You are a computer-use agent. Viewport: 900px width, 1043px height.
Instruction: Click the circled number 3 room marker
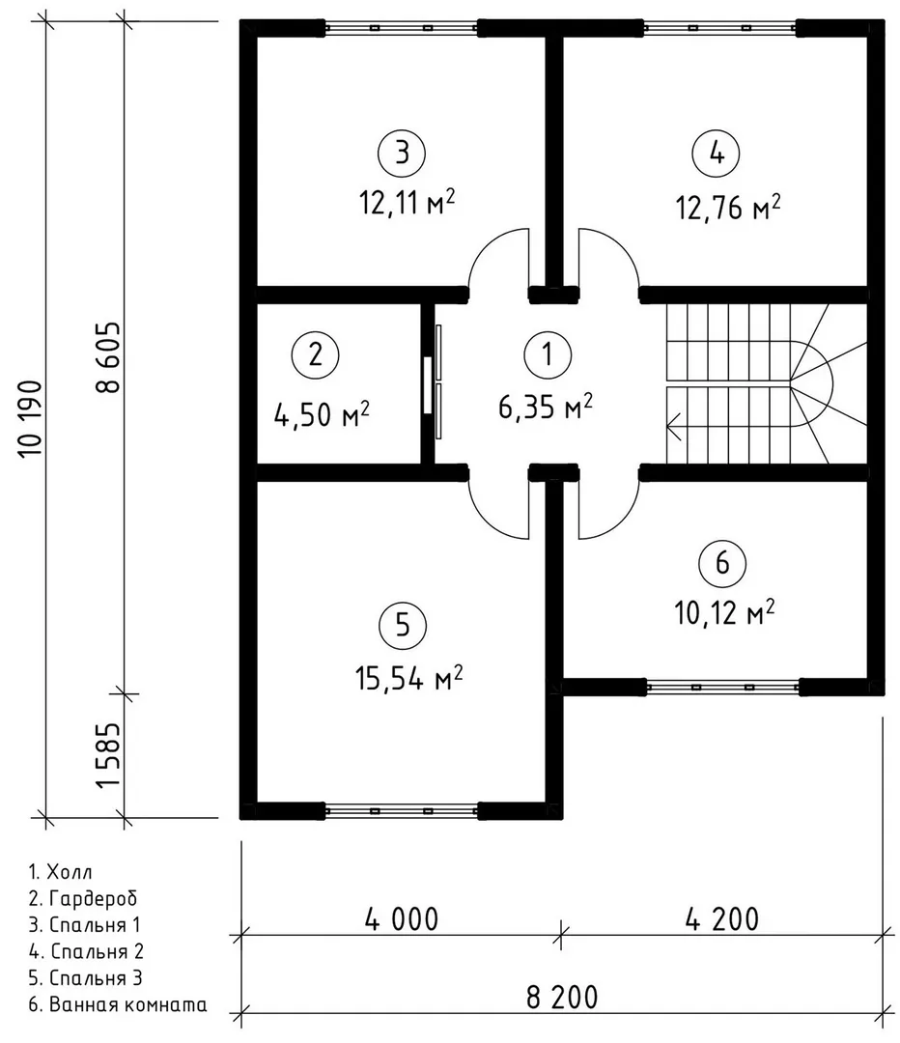click(402, 153)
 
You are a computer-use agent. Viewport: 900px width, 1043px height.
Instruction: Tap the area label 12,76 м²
click(728, 207)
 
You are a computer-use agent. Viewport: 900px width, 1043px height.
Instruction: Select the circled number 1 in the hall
click(547, 354)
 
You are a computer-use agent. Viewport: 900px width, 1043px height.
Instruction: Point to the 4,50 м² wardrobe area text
click(322, 414)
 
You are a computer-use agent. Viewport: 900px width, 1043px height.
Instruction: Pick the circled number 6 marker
click(722, 563)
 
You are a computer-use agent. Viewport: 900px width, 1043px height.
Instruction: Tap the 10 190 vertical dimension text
click(31, 418)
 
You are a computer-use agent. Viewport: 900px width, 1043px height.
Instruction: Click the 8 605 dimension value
click(109, 357)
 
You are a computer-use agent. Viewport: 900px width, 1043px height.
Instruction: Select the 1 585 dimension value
click(109, 755)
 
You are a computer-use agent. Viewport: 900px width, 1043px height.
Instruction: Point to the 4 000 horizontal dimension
click(402, 918)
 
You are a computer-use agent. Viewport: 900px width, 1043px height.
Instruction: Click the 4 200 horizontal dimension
click(721, 918)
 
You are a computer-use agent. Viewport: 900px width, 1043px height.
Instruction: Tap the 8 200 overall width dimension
click(562, 997)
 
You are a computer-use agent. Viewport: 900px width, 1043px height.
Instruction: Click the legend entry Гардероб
click(83, 899)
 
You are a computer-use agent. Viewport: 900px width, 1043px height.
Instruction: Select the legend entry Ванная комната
click(118, 1003)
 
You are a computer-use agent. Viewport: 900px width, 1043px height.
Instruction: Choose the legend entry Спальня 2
click(86, 951)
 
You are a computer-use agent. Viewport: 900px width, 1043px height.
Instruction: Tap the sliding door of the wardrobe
click(433, 381)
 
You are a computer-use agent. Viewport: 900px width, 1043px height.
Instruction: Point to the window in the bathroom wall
click(722, 687)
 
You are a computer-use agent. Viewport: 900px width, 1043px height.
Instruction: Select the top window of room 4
click(719, 28)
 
